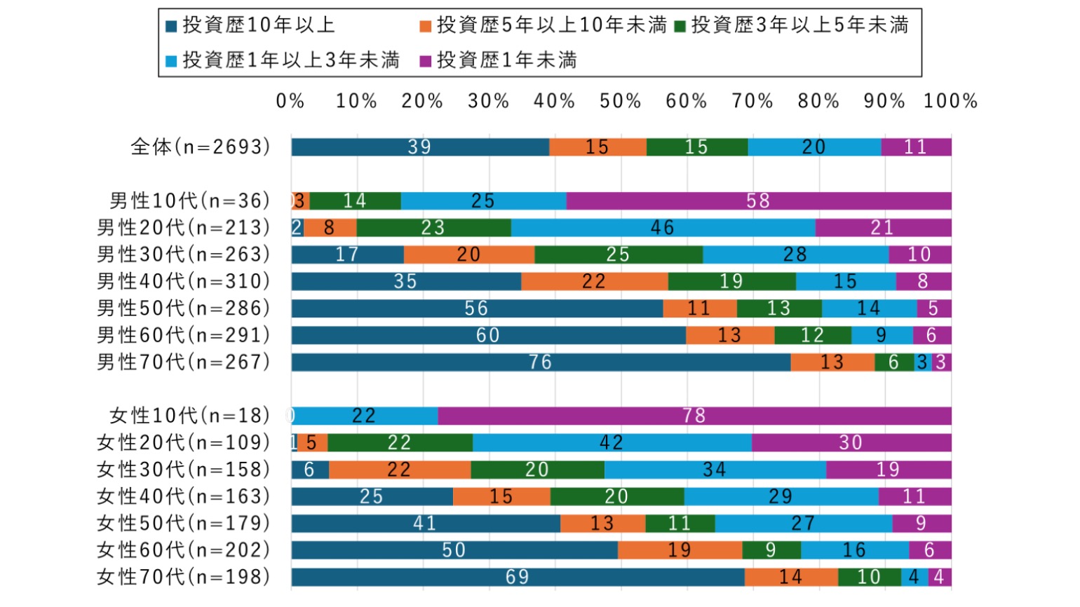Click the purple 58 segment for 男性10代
click(759, 201)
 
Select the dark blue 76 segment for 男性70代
click(541, 362)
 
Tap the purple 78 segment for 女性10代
click(694, 416)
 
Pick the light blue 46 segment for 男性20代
click(663, 228)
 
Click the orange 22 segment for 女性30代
click(399, 470)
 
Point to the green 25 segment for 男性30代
click(618, 254)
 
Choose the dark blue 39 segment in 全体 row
click(420, 147)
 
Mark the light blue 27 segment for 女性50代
click(803, 524)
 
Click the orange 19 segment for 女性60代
click(680, 550)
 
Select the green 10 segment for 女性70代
click(869, 577)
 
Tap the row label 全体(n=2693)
click(201, 147)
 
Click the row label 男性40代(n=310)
click(184, 282)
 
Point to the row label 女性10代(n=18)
click(190, 416)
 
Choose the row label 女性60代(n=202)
click(184, 550)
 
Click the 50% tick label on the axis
click(621, 102)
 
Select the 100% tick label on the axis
click(950, 102)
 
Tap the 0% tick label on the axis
click(290, 102)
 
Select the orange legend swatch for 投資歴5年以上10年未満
click(425, 27)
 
